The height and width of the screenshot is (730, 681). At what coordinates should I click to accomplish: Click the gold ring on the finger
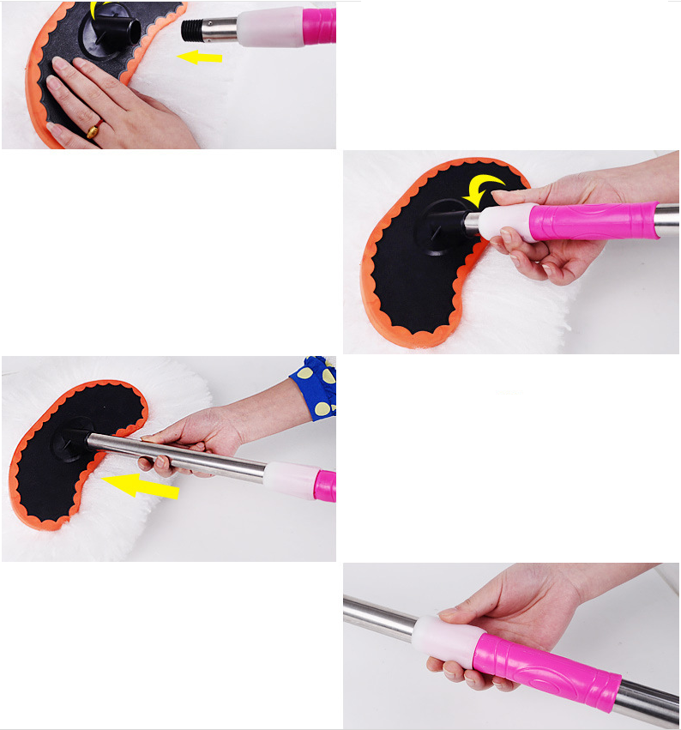[93, 130]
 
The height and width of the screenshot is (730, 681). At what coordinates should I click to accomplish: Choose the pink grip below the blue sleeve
[325, 486]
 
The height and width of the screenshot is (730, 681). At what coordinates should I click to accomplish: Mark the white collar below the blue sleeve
[290, 479]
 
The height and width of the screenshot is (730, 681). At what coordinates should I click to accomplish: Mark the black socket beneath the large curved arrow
[444, 223]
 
